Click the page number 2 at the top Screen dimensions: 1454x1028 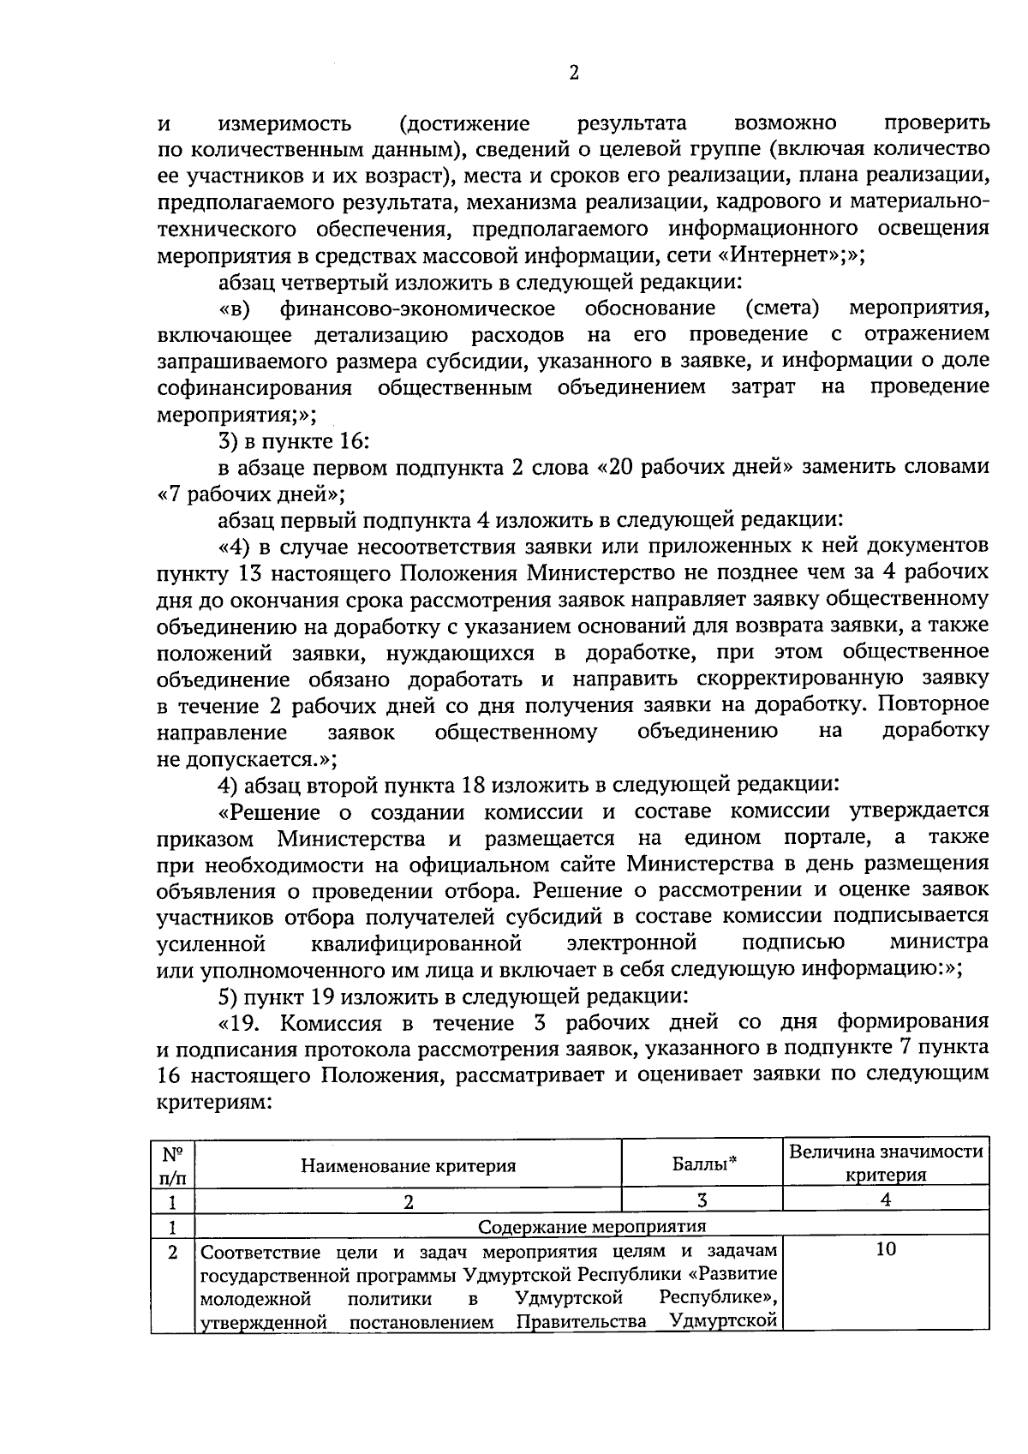(x=574, y=73)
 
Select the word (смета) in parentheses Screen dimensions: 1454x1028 (x=782, y=308)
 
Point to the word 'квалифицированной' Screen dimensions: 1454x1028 (x=416, y=943)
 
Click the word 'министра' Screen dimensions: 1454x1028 (x=938, y=942)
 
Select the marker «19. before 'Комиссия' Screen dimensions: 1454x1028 (x=244, y=1023)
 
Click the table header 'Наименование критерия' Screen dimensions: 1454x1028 (x=408, y=1165)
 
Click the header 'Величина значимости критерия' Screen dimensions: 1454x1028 (x=886, y=1163)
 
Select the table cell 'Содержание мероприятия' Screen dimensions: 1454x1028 (x=591, y=1225)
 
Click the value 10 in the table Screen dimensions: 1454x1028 (x=886, y=1249)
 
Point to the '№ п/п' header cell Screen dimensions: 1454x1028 (x=173, y=1165)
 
